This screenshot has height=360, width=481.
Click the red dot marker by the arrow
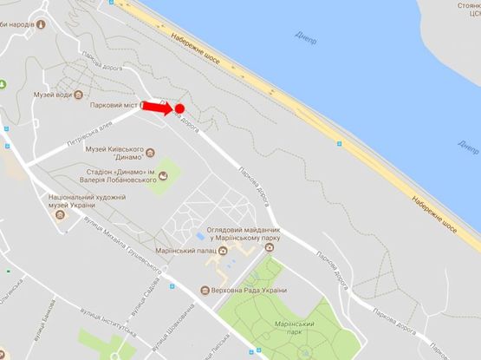coord(179,108)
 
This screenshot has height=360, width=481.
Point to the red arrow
coord(157,107)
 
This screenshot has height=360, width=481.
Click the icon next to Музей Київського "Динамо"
coord(151,154)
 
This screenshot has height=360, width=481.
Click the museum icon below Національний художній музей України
coord(59,214)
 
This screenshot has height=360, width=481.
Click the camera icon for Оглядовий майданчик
coord(270,247)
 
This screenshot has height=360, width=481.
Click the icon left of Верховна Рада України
coord(204,290)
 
